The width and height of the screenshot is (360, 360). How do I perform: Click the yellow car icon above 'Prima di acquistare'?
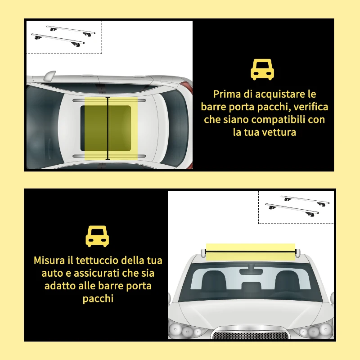coord(262,70)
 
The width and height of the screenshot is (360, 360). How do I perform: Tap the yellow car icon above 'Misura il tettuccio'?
coord(97,236)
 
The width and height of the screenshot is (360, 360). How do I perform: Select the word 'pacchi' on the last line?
coord(98,299)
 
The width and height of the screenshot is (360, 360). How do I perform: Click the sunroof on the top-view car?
coord(106,128)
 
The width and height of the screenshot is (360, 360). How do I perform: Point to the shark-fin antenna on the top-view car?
coord(50,76)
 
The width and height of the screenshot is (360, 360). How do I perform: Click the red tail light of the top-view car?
coord(187,87)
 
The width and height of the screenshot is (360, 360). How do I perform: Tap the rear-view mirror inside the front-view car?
coord(251,271)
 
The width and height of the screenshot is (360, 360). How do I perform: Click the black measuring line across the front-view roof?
coord(251,252)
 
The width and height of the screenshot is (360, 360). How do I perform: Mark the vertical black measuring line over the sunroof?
coord(108,128)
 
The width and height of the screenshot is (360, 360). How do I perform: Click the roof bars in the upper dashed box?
coord(63,36)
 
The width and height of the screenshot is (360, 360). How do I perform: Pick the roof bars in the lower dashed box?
coord(297,206)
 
